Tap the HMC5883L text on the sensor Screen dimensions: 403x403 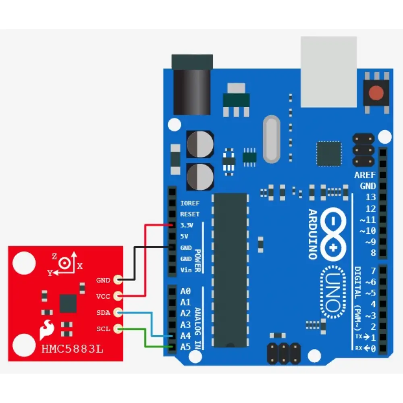click(73, 349)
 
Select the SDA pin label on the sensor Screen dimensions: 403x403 click(103, 313)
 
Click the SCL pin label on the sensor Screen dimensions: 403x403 click(103, 329)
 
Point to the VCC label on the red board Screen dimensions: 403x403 click(103, 296)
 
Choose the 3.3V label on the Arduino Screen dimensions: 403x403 click(187, 225)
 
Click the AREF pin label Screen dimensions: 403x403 click(365, 175)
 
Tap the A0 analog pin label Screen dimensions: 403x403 click(185, 291)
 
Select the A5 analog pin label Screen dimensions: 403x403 click(185, 347)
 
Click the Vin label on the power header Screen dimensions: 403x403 click(186, 270)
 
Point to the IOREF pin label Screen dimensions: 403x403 click(190, 203)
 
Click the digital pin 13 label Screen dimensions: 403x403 click(370, 197)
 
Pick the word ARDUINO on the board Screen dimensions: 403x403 click(313, 234)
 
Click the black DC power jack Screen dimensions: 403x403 click(192, 87)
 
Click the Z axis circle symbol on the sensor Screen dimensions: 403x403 click(65, 263)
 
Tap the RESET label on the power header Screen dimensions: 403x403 click(189, 214)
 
